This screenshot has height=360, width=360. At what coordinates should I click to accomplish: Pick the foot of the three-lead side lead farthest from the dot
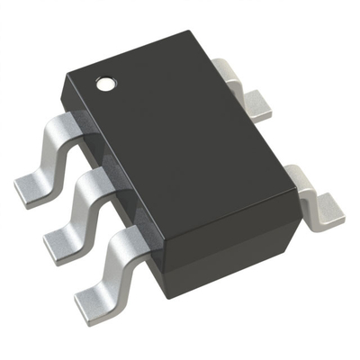click(94, 286)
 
